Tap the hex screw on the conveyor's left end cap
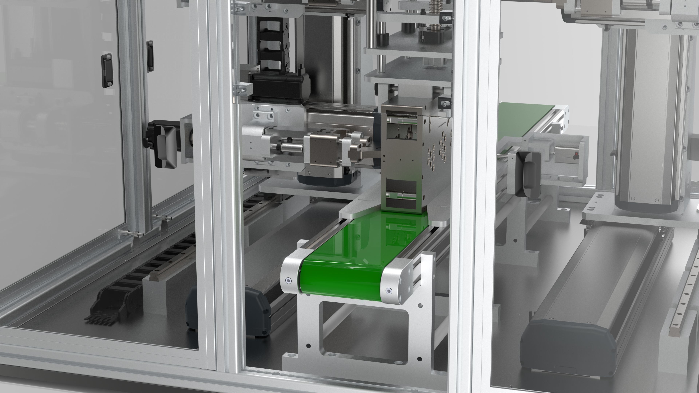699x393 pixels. click(288, 281)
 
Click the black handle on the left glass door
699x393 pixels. click(107, 71)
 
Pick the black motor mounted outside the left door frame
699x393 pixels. click(163, 146)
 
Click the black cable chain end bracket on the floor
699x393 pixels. click(108, 306)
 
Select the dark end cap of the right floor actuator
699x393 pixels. click(567, 344)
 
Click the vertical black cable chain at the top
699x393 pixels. click(271, 41)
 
